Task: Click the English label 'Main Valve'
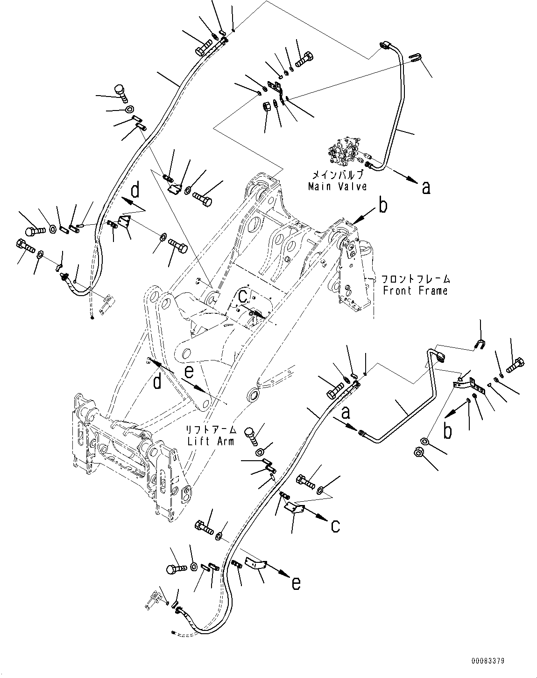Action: click(x=337, y=187)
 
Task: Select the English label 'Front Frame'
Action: click(x=415, y=291)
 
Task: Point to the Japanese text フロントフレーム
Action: click(x=415, y=280)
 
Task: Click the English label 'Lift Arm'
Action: click(x=211, y=441)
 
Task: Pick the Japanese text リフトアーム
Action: click(x=212, y=429)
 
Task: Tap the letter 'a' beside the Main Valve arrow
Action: click(x=425, y=187)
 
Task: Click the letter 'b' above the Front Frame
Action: click(x=383, y=206)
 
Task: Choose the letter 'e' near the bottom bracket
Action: click(x=296, y=582)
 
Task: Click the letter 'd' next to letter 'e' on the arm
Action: click(x=157, y=381)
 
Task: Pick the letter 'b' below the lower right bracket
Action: click(x=447, y=431)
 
